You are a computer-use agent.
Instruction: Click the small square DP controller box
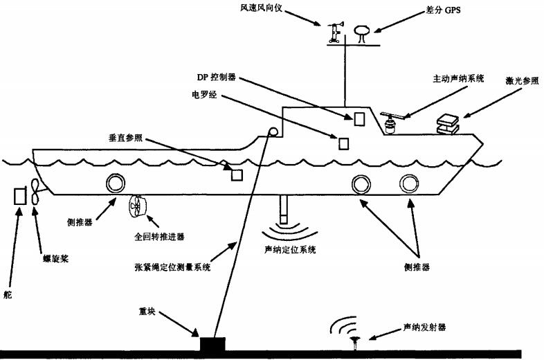coord(359,118)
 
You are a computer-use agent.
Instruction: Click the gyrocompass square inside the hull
coord(343,143)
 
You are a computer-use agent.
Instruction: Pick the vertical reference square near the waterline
coord(237,174)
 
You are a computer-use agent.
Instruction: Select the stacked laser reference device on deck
coord(447,123)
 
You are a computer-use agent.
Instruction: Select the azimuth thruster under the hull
coord(137,206)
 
